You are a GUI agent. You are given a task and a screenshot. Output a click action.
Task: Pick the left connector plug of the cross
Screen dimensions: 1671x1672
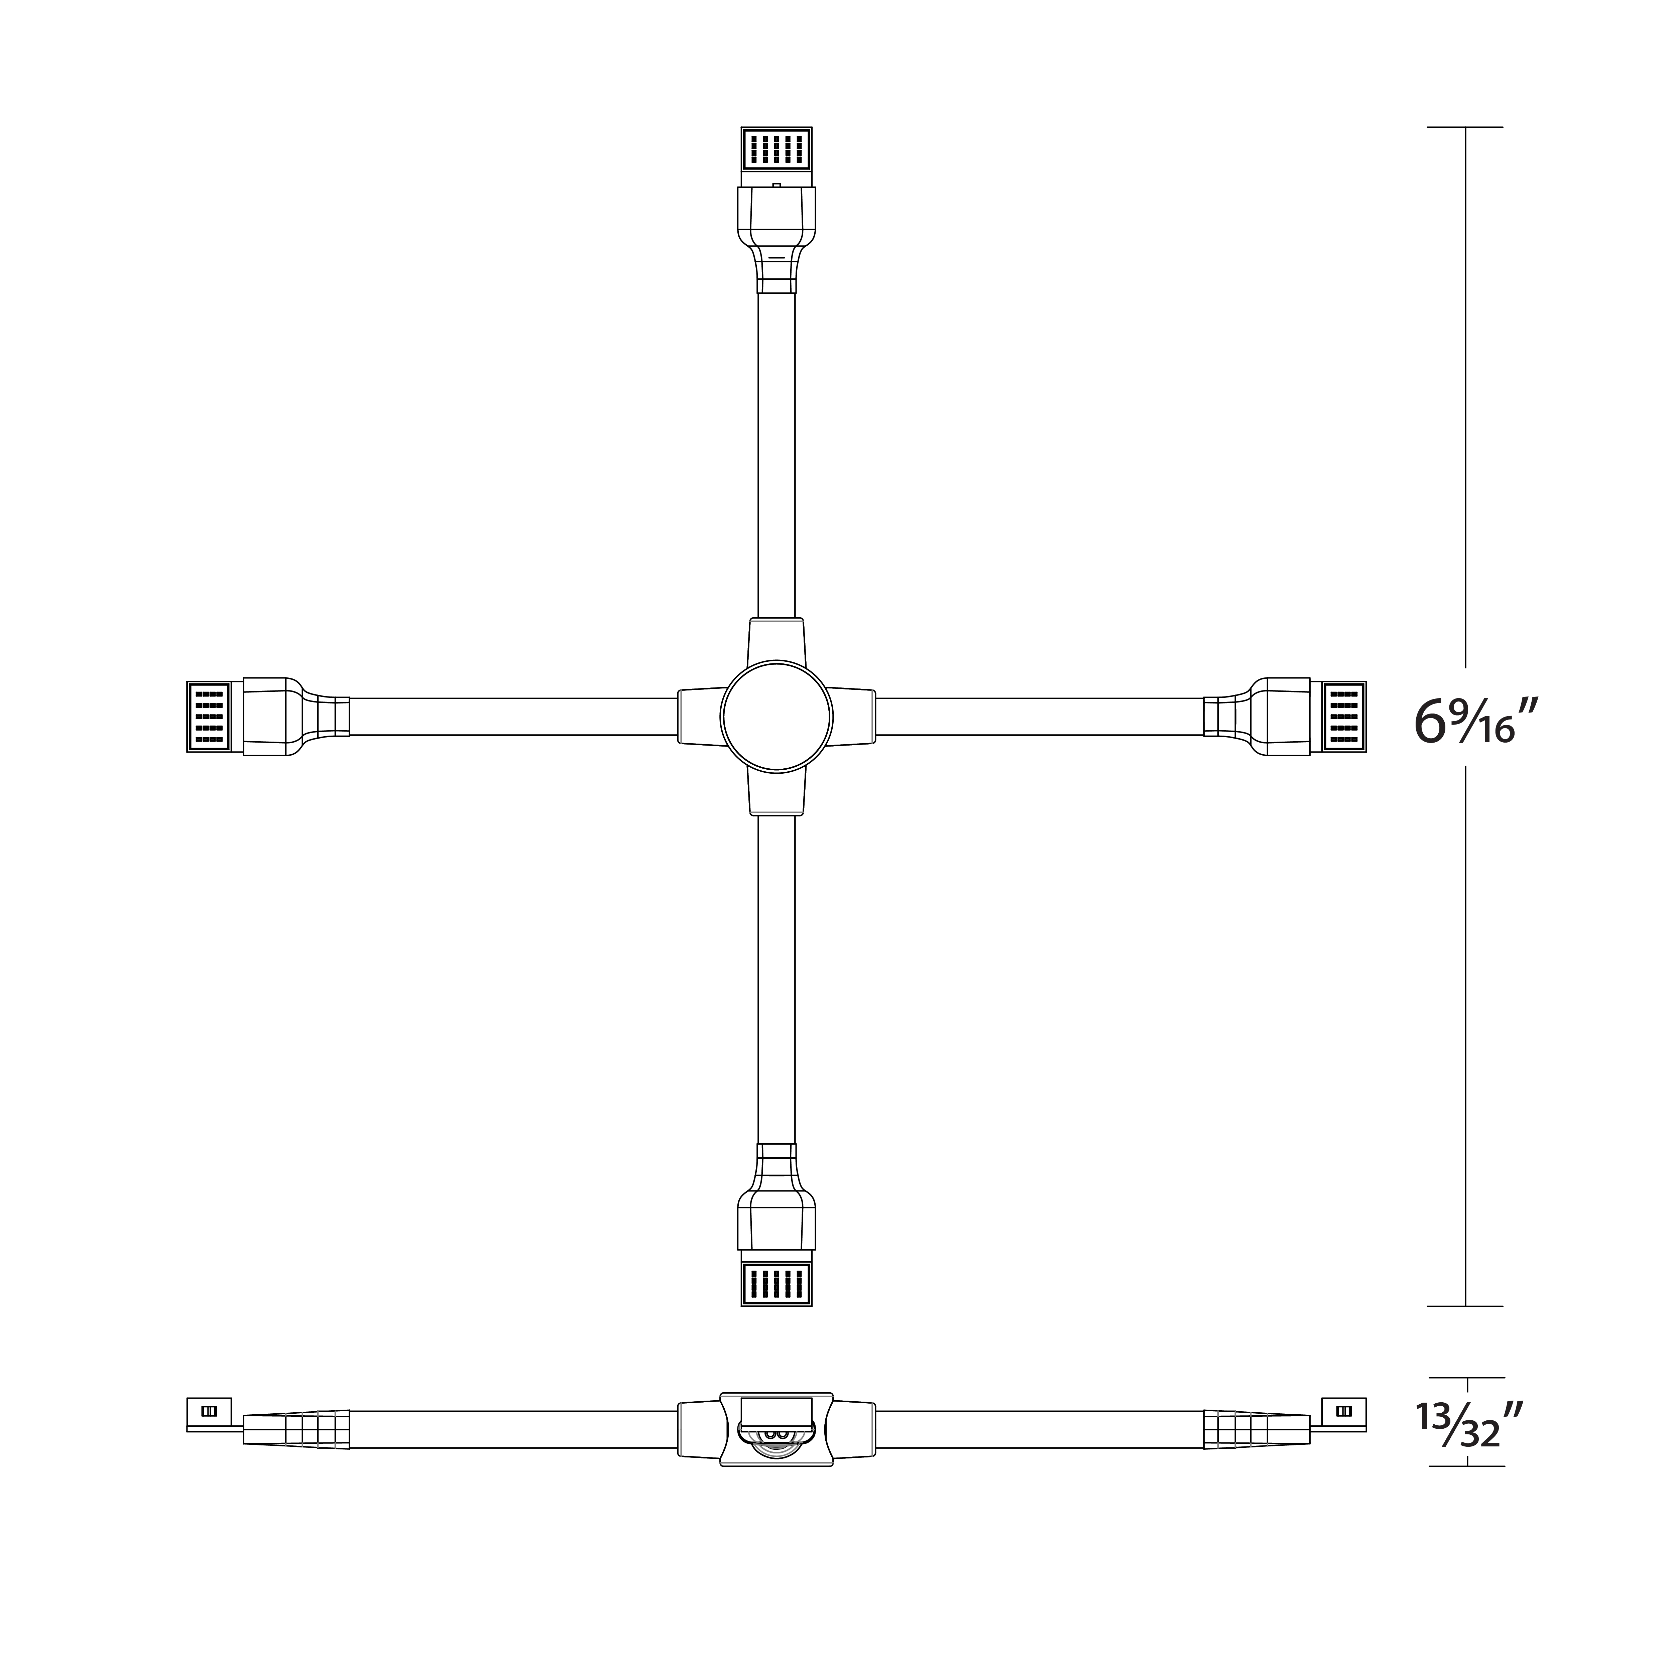point(210,717)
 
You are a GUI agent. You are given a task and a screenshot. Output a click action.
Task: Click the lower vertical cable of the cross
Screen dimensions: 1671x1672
point(776,978)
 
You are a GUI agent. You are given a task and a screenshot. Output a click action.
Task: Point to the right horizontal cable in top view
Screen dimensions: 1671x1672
point(1039,717)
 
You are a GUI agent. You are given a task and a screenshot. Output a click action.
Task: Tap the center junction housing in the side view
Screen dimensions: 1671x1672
point(776,1430)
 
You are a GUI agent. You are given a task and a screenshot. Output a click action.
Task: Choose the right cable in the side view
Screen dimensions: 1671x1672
point(1039,1430)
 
